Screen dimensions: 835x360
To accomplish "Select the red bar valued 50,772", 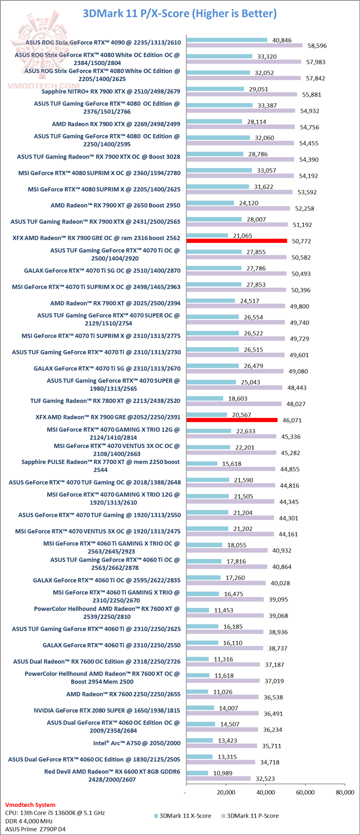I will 236,241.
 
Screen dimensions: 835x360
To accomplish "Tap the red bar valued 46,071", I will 231,420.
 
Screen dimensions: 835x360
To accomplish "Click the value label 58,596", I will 316,45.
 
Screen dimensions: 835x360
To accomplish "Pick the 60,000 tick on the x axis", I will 305,792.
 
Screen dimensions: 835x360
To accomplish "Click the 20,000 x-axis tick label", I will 226,792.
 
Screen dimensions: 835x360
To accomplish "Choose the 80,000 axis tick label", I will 344,792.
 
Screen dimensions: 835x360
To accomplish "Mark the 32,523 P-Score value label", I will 264,778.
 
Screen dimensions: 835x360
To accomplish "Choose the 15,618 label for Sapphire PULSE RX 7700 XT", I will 231,463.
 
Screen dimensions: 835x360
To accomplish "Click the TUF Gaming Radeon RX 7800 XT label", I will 105,400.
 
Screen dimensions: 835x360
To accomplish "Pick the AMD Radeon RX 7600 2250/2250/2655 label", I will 123,694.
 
